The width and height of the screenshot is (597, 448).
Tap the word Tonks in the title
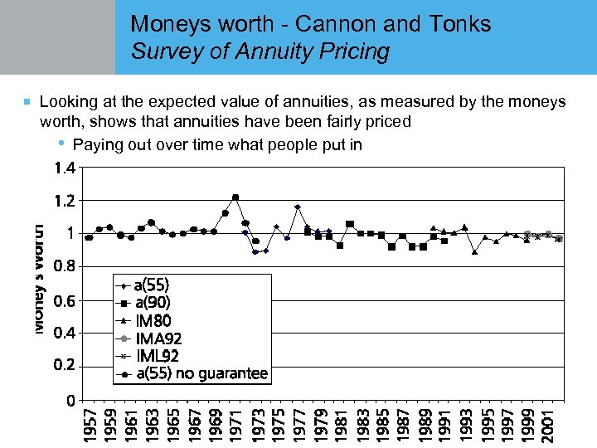460,24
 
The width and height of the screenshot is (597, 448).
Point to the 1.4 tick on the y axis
64,168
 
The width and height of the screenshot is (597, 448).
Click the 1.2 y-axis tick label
64,201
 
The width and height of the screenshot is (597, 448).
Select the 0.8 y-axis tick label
64,266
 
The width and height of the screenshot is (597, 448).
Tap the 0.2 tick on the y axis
64,366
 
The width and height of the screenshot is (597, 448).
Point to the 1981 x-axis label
340,423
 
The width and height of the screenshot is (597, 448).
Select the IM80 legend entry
153,320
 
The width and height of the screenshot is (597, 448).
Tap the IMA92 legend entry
158,338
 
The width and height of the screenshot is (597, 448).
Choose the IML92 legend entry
157,355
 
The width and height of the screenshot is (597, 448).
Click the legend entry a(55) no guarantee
201,373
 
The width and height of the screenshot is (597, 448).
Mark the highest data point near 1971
235,197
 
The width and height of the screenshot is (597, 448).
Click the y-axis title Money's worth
38,279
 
